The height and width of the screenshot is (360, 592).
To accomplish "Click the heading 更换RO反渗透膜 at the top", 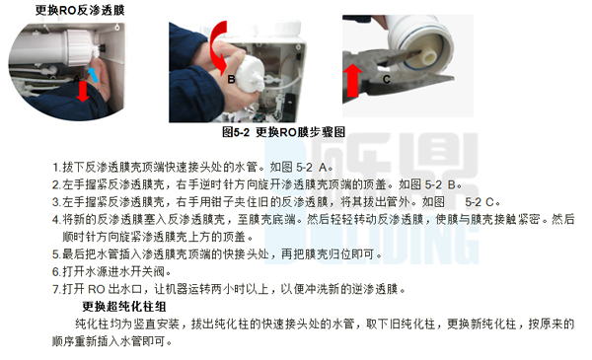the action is tap(80, 10).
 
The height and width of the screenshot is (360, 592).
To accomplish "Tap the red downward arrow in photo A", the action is tap(82, 92).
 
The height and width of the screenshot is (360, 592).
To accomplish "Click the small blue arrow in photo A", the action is tap(93, 74).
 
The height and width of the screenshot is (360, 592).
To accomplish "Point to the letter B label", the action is tap(232, 80).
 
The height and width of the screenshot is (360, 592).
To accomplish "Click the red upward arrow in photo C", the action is tap(352, 80).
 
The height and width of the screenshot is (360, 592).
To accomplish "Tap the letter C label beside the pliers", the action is tap(386, 79).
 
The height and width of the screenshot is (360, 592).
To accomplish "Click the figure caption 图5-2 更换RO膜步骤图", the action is tap(283, 132).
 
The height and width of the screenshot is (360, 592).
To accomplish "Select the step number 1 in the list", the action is tap(55, 167).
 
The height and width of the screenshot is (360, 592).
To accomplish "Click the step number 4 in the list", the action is tap(55, 219).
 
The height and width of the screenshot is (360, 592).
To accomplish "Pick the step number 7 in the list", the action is tap(55, 289).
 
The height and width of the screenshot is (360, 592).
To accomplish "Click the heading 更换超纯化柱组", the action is tap(124, 307).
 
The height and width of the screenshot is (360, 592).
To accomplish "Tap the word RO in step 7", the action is tap(96, 289).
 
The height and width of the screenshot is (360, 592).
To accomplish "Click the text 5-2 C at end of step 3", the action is tap(481, 202).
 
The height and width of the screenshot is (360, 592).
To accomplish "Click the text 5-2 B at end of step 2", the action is tap(441, 184).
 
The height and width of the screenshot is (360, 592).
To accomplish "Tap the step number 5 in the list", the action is tap(55, 254).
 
